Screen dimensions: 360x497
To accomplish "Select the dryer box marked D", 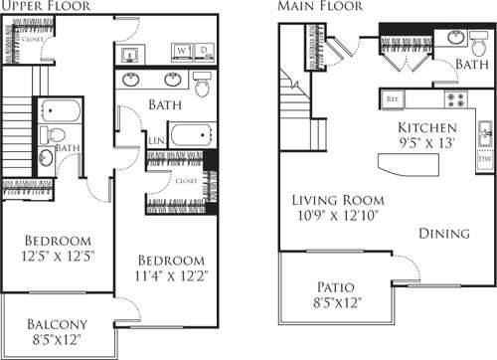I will pyautogui.click(x=203, y=50).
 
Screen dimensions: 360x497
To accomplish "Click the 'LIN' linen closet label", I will pyautogui.click(x=156, y=141).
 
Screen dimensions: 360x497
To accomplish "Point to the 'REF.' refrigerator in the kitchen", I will pyautogui.click(x=392, y=98).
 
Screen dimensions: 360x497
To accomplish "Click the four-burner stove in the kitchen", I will pyautogui.click(x=455, y=98).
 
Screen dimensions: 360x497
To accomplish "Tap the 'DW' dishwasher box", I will pyautogui.click(x=484, y=157).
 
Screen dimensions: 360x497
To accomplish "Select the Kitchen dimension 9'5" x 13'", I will pyautogui.click(x=427, y=142).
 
